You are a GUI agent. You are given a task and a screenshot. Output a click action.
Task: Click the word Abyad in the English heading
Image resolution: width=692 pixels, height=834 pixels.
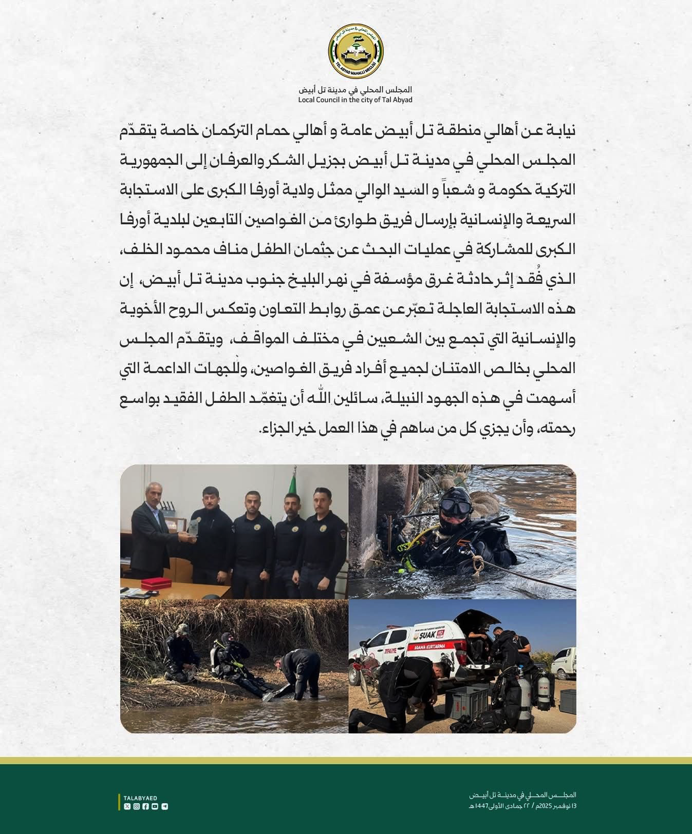(401, 100)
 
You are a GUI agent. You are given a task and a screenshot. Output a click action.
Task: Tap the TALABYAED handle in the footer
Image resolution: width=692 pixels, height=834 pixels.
(140, 798)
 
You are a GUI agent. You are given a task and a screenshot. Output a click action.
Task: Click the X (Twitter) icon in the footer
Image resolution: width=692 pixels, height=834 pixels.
(127, 806)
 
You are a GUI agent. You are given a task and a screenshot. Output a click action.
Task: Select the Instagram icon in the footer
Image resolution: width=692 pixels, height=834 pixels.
(137, 806)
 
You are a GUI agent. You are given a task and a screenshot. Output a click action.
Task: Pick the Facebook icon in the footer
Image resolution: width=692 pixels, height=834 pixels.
(146, 806)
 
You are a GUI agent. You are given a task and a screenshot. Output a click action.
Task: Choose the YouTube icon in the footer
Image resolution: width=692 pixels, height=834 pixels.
(155, 806)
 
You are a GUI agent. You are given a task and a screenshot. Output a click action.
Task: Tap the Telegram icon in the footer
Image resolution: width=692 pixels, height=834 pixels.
(164, 806)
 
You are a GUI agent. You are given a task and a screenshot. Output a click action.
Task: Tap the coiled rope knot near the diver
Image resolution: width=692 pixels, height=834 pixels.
(478, 566)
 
